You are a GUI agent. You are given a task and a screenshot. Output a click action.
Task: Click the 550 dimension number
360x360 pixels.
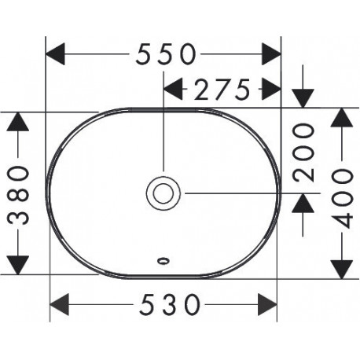point(166,54)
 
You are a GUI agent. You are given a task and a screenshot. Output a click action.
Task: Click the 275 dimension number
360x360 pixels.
point(222,90)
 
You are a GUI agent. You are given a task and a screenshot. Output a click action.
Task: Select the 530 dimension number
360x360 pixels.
point(170,304)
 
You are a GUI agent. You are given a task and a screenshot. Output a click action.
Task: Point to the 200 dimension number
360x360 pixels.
point(303,152)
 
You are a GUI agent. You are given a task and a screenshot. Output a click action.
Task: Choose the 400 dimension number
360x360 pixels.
point(341,198)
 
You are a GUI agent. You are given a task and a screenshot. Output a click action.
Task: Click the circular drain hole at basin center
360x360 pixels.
point(163,193)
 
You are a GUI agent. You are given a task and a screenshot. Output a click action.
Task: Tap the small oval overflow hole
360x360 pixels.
point(163,261)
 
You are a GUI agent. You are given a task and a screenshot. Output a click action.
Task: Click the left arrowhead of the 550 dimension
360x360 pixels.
point(55,54)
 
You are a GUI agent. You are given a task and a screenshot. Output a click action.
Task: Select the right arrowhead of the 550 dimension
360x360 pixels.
point(271,54)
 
